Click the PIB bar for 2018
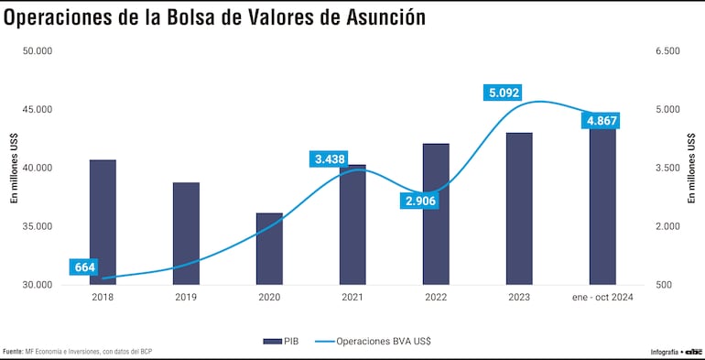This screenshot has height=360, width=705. (103, 223)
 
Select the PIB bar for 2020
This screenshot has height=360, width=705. (269, 249)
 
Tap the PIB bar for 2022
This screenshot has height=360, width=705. (436, 214)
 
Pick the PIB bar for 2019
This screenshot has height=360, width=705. (186, 234)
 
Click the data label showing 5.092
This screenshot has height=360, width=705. (504, 93)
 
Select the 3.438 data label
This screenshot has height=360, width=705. (330, 159)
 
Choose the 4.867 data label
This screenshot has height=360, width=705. (602, 121)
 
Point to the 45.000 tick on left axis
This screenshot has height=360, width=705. (37, 110)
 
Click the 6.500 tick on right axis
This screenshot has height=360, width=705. (668, 51)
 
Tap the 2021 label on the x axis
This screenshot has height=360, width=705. (352, 297)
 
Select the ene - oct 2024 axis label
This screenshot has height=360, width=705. (602, 297)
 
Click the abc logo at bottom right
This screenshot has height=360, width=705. (692, 352)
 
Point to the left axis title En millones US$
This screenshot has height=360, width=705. (14, 168)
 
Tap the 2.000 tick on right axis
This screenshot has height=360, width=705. (668, 226)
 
